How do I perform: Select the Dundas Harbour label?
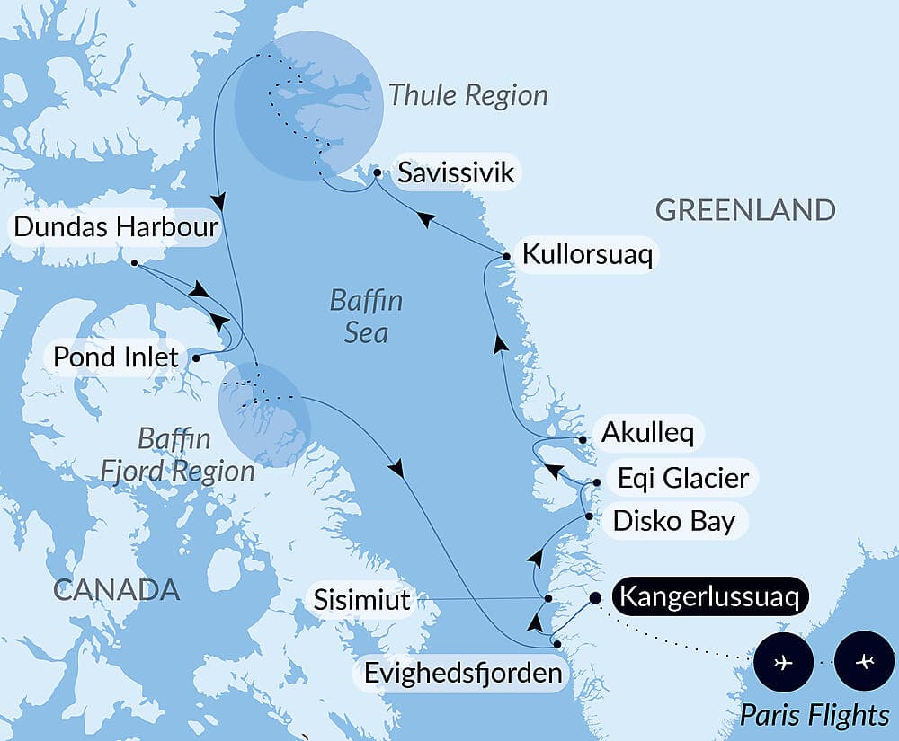click(116, 227)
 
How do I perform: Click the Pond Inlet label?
click(115, 356)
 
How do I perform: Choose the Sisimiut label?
click(361, 599)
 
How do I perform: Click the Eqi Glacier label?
click(682, 477)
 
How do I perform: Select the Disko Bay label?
click(673, 520)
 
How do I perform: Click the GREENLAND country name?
click(745, 210)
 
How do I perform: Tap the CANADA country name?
click(116, 590)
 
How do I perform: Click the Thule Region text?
click(467, 95)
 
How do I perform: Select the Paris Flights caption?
click(814, 715)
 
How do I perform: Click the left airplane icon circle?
click(784, 663)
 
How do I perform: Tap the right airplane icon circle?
click(864, 663)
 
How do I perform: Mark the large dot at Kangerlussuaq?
click(595, 597)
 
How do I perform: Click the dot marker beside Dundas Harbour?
click(134, 263)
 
